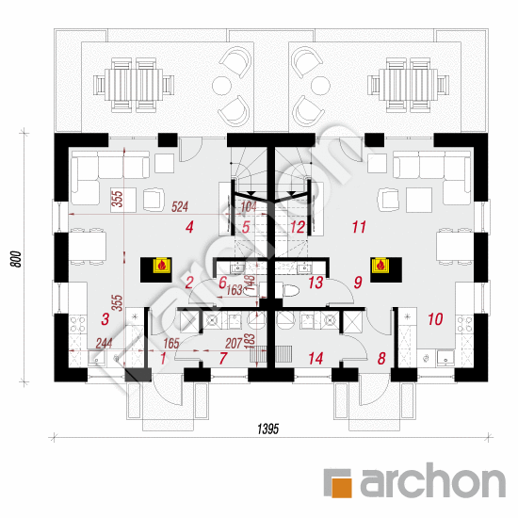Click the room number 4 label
click(189, 227)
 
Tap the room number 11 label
click(358, 227)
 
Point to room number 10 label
click(434, 319)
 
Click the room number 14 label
click(315, 358)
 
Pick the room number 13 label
click(316, 283)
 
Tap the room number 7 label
click(223, 358)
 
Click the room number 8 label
click(381, 358)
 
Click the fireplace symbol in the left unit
click(160, 266)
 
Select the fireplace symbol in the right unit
click(380, 266)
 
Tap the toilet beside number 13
click(290, 290)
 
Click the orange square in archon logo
click(340, 481)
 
